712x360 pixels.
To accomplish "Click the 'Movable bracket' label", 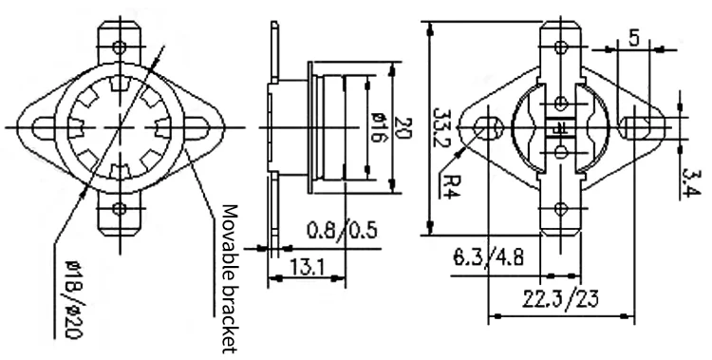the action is tap(230, 278).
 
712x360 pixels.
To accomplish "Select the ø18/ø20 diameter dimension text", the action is tap(73, 299).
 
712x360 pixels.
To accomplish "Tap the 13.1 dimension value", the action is tap(307, 267).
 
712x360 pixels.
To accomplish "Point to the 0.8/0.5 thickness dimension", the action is tap(342, 230).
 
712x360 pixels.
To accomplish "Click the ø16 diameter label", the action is tap(377, 126).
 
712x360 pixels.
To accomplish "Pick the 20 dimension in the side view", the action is tap(403, 128).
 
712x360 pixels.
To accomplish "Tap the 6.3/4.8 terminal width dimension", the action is tap(488, 257).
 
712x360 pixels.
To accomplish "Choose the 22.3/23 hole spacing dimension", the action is tap(560, 298).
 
